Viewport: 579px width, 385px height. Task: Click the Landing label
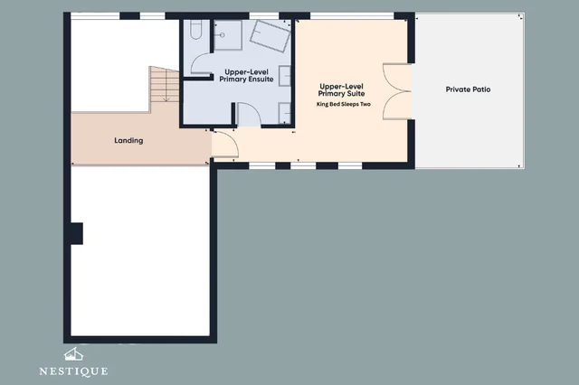pyautogui.click(x=128, y=140)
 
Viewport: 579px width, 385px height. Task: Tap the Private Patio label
pyautogui.click(x=468, y=89)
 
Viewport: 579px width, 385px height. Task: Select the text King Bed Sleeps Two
pyautogui.click(x=344, y=104)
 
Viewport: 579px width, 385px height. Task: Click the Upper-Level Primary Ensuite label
pyautogui.click(x=246, y=76)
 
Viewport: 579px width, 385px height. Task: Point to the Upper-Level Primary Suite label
pyautogui.click(x=342, y=90)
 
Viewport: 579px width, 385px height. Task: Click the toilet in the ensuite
pyautogui.click(x=196, y=29)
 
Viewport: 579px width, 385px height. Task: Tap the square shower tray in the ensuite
pyautogui.click(x=228, y=35)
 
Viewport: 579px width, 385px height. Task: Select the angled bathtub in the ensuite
pyautogui.click(x=271, y=36)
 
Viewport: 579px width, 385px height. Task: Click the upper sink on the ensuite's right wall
pyautogui.click(x=284, y=76)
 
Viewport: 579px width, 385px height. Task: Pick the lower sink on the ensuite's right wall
pyautogui.click(x=284, y=113)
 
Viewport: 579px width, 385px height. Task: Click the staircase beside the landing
pyautogui.click(x=165, y=89)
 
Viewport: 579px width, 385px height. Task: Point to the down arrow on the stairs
pyautogui.click(x=166, y=86)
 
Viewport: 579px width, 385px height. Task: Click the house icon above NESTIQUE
pyautogui.click(x=73, y=354)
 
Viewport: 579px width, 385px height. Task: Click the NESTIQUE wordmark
pyautogui.click(x=73, y=371)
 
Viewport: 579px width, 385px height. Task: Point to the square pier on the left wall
pyautogui.click(x=77, y=233)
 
